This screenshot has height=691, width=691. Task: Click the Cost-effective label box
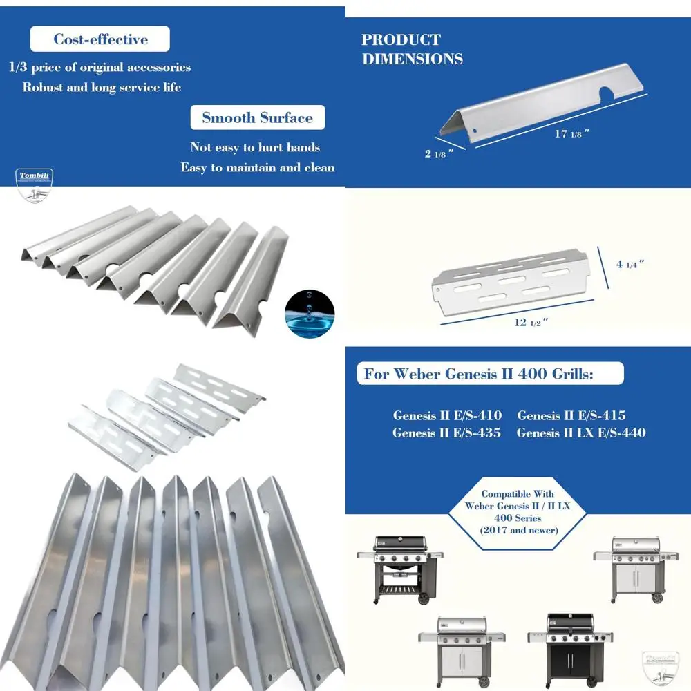pos(101,39)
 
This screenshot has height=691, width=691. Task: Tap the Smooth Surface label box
pos(257,117)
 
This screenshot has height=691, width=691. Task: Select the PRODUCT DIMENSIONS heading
pos(412,49)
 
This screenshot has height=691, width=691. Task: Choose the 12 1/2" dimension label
pos(527,323)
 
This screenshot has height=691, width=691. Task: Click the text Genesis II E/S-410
pos(447,415)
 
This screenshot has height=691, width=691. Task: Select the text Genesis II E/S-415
pos(571,415)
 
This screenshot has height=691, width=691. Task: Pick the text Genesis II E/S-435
pos(446,433)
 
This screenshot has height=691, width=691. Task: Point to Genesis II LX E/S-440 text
pos(580,433)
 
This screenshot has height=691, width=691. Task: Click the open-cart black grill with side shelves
pos(399,567)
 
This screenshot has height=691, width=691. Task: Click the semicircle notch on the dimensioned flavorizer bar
pos(609,95)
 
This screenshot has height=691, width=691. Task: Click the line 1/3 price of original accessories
pos(100,68)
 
